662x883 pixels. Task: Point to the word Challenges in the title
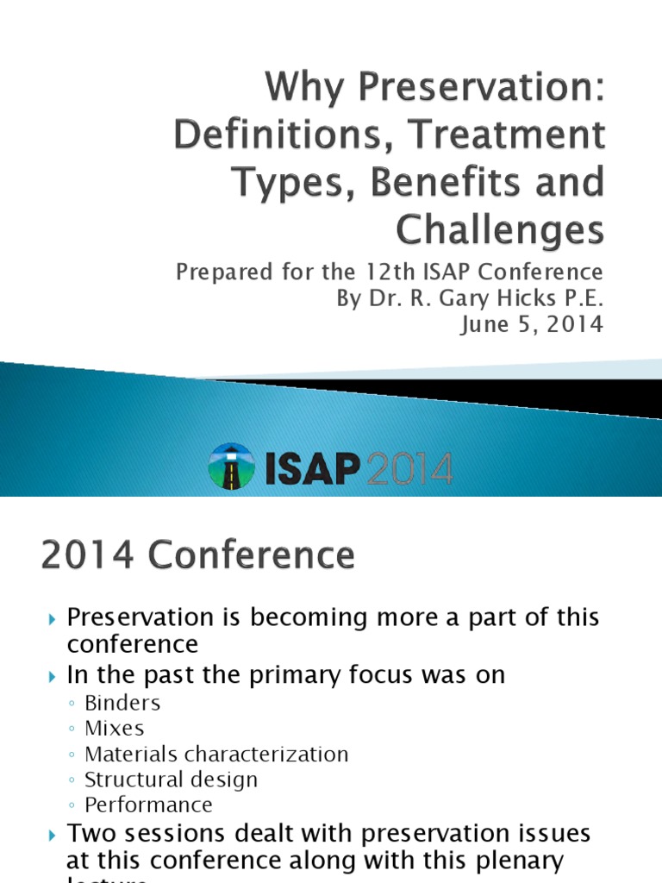(500, 229)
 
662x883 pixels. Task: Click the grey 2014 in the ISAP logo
(409, 468)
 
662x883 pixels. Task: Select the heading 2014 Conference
(197, 555)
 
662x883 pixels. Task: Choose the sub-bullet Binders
(122, 703)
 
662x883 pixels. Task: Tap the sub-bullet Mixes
(115, 728)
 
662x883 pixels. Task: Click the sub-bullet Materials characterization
(216, 754)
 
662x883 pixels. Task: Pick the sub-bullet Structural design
(171, 780)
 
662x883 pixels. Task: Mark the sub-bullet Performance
(148, 805)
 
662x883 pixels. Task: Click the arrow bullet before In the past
(52, 675)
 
